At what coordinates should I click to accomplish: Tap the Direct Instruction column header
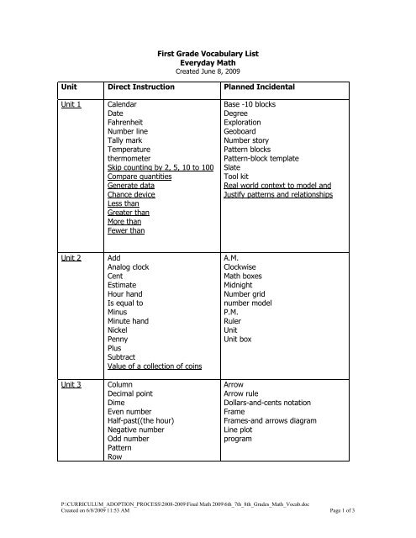[142, 87]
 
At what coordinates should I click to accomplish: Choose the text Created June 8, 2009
[208, 71]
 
